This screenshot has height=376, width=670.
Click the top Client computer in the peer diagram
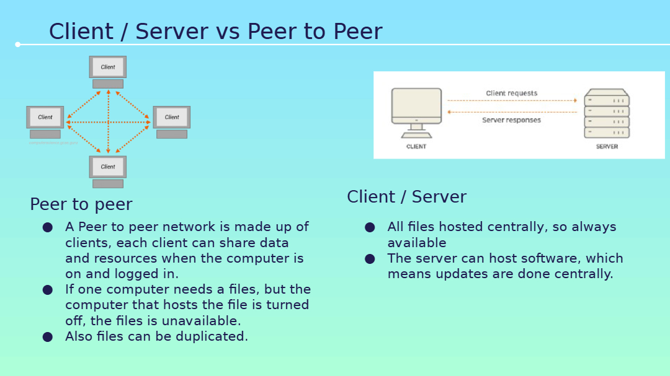coord(108,72)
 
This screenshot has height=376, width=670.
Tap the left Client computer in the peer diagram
coord(45,122)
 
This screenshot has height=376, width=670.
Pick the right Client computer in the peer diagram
coord(172,122)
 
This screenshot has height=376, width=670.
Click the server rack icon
coord(607,113)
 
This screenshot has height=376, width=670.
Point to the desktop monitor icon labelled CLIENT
coord(417,113)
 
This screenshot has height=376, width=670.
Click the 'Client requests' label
coord(511,93)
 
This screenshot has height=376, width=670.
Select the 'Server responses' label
coord(511,120)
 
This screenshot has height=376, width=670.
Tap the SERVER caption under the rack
coord(607,146)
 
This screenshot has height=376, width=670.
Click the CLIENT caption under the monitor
coord(416,146)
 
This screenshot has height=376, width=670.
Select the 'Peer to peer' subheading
coord(81,204)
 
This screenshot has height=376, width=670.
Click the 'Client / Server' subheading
coord(406,197)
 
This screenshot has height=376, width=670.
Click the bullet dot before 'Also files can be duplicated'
coord(47,337)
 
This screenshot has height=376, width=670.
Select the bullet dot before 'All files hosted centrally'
coord(370,227)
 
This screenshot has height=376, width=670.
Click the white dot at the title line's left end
coord(17,45)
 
